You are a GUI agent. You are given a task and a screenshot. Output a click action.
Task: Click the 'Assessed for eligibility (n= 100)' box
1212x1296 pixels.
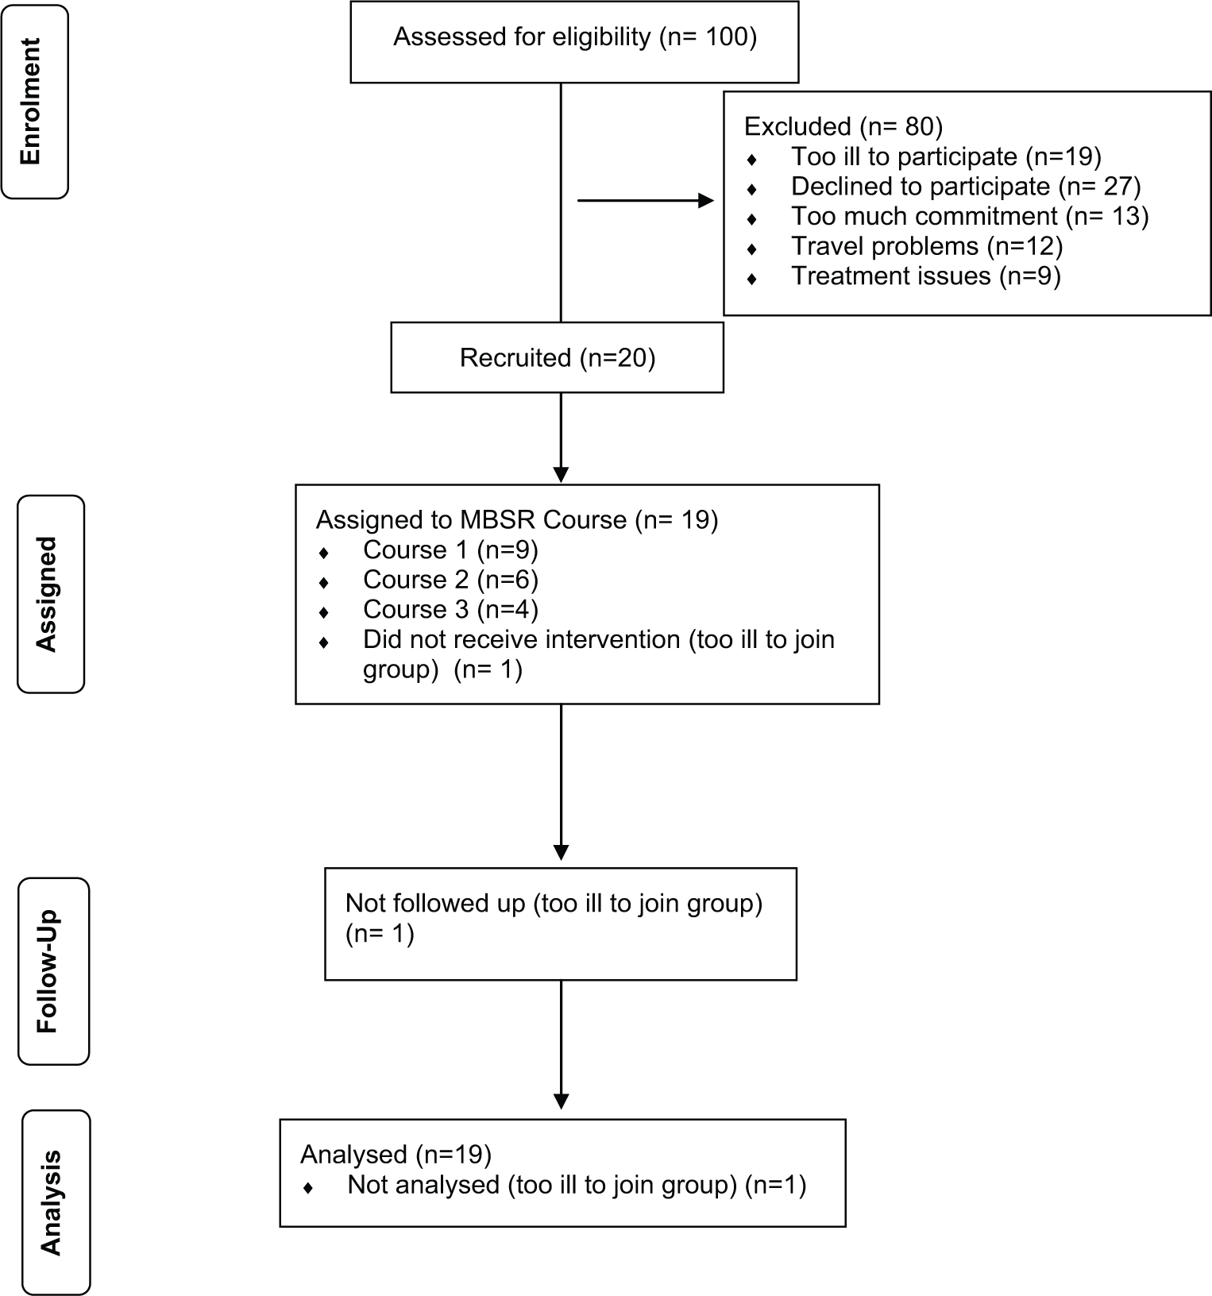tap(574, 41)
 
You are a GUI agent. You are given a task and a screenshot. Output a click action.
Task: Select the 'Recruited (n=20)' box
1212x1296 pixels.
tap(557, 357)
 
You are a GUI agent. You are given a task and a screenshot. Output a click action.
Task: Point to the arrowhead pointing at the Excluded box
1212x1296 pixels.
tap(705, 201)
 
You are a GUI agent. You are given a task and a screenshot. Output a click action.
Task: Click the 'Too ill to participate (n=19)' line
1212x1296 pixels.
tap(946, 157)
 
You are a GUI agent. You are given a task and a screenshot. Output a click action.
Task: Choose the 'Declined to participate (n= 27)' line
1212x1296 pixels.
tap(966, 187)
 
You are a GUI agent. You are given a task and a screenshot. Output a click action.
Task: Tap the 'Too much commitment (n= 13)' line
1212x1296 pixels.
tap(970, 216)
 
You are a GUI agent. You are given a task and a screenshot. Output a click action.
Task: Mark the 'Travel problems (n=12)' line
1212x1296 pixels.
tap(927, 246)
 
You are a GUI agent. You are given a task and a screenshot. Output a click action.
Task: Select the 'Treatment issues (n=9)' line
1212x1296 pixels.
tap(926, 276)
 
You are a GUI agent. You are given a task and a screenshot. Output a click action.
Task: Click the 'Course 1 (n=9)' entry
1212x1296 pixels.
tap(450, 550)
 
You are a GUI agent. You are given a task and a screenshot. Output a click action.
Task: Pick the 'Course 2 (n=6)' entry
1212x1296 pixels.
tap(450, 580)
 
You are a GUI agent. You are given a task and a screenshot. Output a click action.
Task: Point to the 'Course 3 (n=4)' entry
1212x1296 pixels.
tap(450, 609)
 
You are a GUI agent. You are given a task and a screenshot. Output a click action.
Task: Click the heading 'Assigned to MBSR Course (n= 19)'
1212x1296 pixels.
tap(517, 520)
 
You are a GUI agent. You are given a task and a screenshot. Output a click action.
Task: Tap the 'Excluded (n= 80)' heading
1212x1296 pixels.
tap(843, 127)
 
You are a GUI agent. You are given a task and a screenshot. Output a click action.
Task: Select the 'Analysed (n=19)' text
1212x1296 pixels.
tap(396, 1155)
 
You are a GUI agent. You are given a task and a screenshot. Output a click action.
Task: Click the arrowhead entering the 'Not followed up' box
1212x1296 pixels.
tap(561, 852)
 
